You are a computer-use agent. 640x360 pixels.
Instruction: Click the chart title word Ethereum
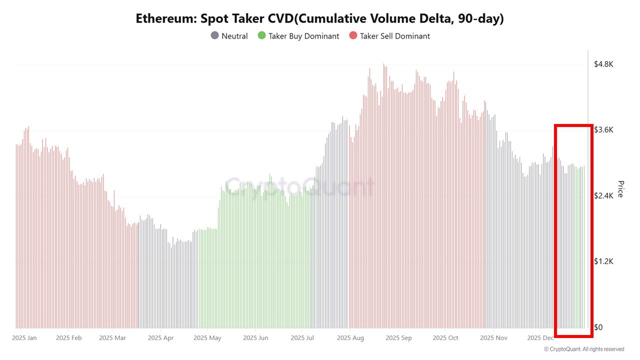[164, 19]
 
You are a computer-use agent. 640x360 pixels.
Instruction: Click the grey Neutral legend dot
[214, 36]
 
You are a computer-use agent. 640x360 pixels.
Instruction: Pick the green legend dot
[261, 36]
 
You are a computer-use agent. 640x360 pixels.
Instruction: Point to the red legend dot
[353, 36]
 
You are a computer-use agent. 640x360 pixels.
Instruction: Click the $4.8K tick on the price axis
[603, 64]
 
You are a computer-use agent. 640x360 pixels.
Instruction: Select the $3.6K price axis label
[603, 130]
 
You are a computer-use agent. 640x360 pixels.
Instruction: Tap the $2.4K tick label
[603, 196]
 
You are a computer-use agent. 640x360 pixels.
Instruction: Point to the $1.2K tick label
[603, 261]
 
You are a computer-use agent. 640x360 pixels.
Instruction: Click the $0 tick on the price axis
[598, 327]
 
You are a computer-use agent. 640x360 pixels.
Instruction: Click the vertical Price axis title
[620, 189]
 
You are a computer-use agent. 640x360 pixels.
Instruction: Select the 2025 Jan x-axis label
[24, 338]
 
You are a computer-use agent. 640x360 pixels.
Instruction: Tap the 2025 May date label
[207, 338]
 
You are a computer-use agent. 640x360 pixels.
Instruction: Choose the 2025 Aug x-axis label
[350, 338]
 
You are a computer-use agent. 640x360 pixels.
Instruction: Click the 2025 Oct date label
[446, 338]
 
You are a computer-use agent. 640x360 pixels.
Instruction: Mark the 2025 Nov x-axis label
[493, 338]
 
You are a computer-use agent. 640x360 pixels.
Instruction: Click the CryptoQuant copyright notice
[583, 349]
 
